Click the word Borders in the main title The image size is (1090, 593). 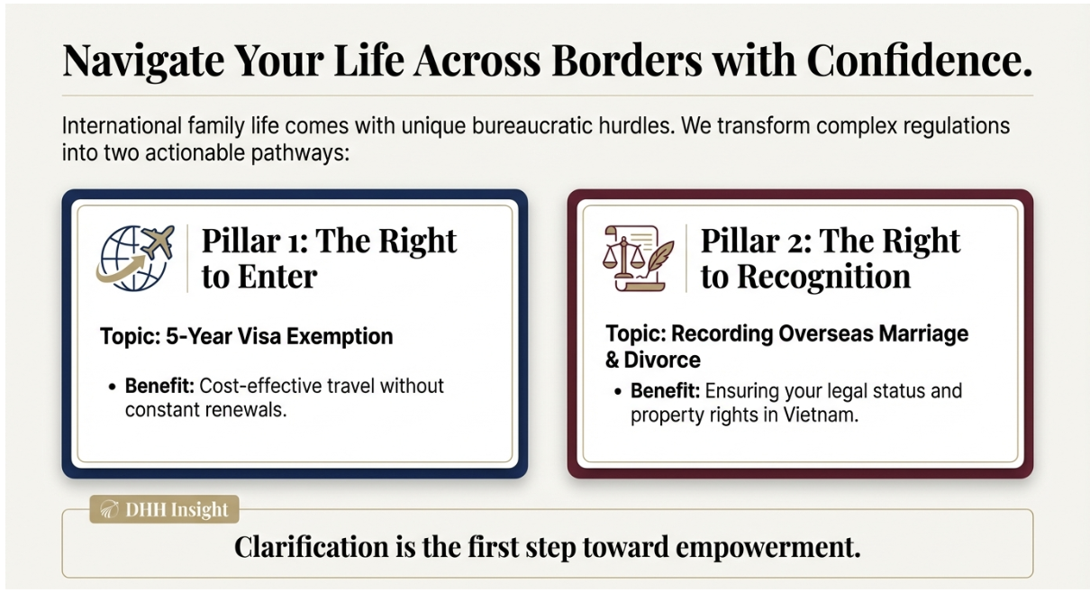pos(627,60)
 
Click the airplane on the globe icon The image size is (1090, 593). pos(157,242)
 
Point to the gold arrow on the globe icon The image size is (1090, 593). pos(121,269)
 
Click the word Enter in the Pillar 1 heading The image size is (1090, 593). pos(277,277)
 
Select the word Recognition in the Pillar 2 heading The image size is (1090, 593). pos(823,277)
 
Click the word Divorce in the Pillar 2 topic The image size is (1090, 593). pos(662,360)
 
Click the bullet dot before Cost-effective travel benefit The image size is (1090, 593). pos(113,388)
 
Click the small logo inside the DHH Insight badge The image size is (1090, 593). pos(109,510)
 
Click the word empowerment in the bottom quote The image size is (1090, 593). pos(768,547)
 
